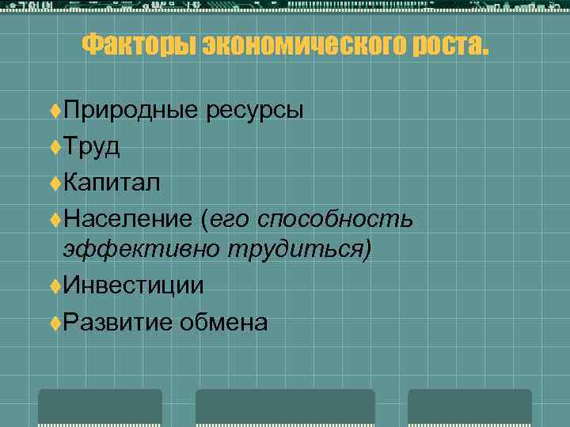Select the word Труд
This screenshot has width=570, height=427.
(x=92, y=147)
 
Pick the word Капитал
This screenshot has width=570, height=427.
(x=112, y=183)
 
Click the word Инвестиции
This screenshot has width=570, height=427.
(x=134, y=285)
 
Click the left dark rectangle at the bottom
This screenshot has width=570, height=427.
(x=100, y=407)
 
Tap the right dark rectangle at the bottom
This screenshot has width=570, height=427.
(x=469, y=407)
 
